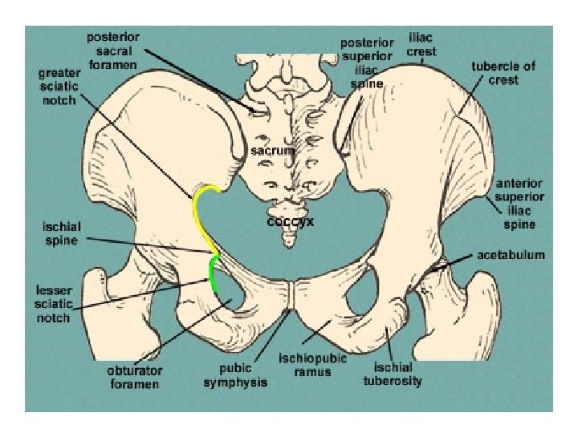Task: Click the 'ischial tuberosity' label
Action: [x=393, y=374]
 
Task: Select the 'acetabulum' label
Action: [x=511, y=255]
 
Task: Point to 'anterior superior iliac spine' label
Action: [x=519, y=197]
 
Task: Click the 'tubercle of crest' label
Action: [x=503, y=73]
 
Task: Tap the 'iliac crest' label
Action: [x=422, y=45]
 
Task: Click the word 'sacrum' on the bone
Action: [x=272, y=150]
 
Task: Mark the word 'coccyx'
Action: [x=290, y=222]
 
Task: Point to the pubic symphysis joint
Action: [x=291, y=294]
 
